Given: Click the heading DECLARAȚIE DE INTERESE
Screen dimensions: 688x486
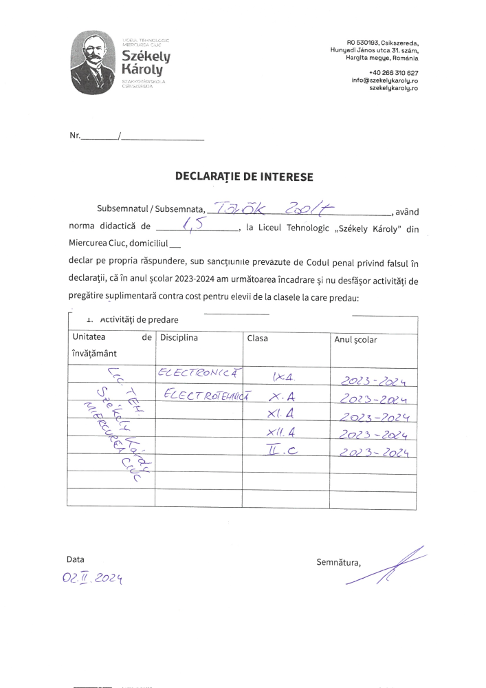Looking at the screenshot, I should pyautogui.click(x=244, y=177).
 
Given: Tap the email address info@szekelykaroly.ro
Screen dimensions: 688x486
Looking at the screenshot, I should pyautogui.click(x=384, y=80).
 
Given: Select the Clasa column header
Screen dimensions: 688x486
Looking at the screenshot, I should pyautogui.click(x=257, y=338).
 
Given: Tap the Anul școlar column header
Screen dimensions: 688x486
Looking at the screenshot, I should pyautogui.click(x=355, y=339).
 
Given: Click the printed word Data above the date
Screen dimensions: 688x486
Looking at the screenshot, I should pyautogui.click(x=75, y=559).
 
